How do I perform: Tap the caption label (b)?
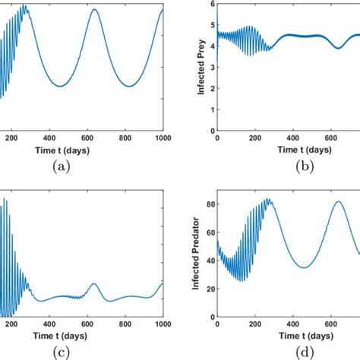[289, 166]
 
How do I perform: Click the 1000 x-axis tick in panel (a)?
[162, 137]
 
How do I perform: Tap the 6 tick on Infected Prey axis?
[210, 5]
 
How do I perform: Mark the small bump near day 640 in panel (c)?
[94, 283]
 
